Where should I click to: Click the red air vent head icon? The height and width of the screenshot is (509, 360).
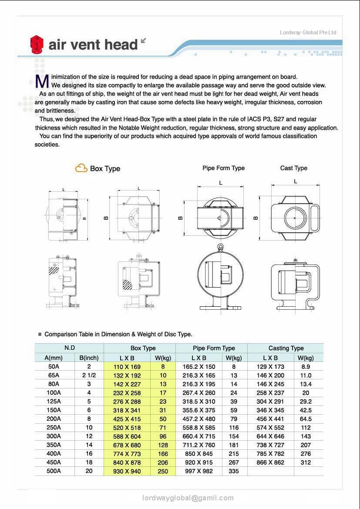click(37, 45)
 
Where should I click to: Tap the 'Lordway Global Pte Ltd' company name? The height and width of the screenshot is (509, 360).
click(308, 33)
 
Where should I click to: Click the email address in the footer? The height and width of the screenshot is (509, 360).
click(188, 498)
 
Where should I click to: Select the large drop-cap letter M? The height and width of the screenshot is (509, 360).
click(42, 81)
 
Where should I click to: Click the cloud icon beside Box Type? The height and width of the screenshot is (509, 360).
click(81, 168)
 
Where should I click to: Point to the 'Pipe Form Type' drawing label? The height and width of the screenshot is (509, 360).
click(223, 168)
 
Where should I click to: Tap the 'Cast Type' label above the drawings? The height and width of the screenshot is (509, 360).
click(293, 168)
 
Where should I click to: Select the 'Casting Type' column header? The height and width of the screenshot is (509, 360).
click(286, 348)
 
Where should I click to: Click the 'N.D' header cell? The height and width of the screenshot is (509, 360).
click(69, 348)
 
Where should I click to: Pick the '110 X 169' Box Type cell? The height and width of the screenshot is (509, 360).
click(127, 367)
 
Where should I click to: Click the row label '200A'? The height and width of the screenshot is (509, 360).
click(54, 419)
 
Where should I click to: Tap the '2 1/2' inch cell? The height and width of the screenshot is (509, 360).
click(89, 375)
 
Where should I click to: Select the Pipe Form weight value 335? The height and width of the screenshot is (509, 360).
click(234, 471)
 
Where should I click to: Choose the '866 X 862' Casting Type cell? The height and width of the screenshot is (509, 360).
click(270, 462)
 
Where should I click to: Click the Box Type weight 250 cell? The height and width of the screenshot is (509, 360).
click(163, 471)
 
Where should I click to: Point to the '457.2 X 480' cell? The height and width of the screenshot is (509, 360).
click(199, 419)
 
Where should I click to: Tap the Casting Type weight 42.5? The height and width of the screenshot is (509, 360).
click(306, 410)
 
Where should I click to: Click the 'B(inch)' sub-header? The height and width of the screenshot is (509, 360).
click(89, 358)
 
